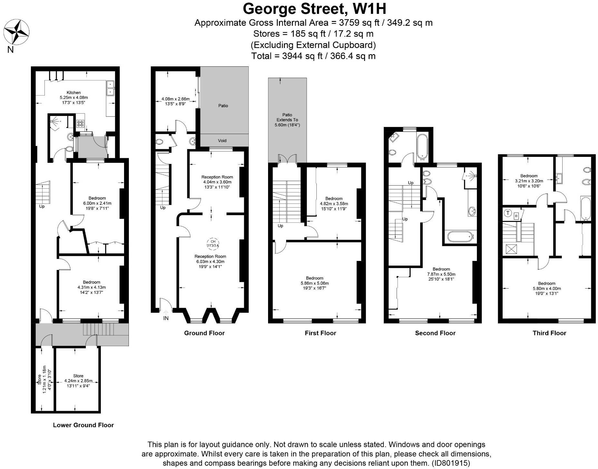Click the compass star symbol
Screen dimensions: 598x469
(x=16, y=32)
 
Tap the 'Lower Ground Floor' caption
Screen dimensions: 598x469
(x=83, y=425)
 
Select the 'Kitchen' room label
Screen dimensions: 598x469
(x=74, y=92)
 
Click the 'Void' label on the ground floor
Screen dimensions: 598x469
(x=222, y=140)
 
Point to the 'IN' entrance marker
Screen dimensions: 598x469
(x=166, y=318)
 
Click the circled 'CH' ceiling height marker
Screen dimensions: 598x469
(x=213, y=244)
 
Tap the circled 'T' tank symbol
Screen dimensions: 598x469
(x=508, y=213)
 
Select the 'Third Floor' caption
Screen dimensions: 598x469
(x=549, y=333)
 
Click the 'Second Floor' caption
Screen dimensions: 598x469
(x=435, y=333)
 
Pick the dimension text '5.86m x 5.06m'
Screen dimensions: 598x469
(x=315, y=283)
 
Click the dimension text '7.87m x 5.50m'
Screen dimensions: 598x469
(x=441, y=274)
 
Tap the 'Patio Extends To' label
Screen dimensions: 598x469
(x=287, y=117)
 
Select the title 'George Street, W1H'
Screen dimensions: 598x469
(x=314, y=9)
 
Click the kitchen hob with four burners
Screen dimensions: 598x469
(x=80, y=123)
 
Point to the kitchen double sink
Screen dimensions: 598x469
(x=111, y=88)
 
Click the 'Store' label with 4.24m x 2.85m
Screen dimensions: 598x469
(x=78, y=376)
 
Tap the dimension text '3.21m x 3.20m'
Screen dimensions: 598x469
(x=529, y=181)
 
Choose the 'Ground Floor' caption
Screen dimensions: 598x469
(x=204, y=333)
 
